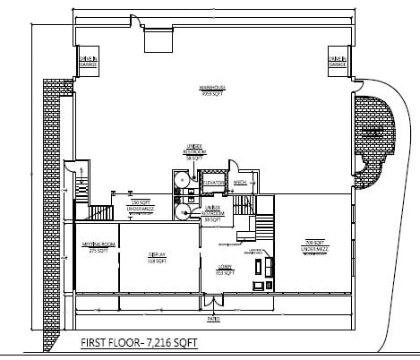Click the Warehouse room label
[211, 90]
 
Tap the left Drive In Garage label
[88, 61]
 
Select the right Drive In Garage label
[337, 61]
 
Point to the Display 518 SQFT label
[156, 258]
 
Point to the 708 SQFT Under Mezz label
[313, 243]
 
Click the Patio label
[213, 319]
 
